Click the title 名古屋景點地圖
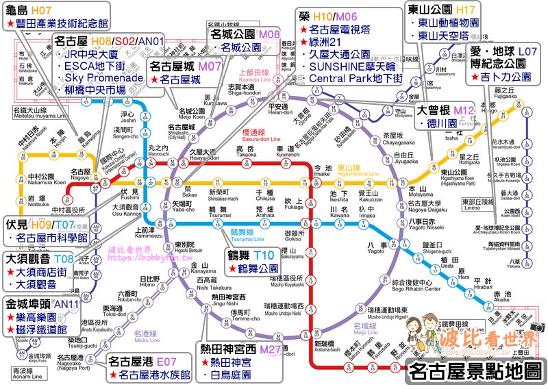point(473,372)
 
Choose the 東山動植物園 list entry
point(446,23)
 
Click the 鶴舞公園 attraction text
point(262,269)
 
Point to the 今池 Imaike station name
point(322,169)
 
